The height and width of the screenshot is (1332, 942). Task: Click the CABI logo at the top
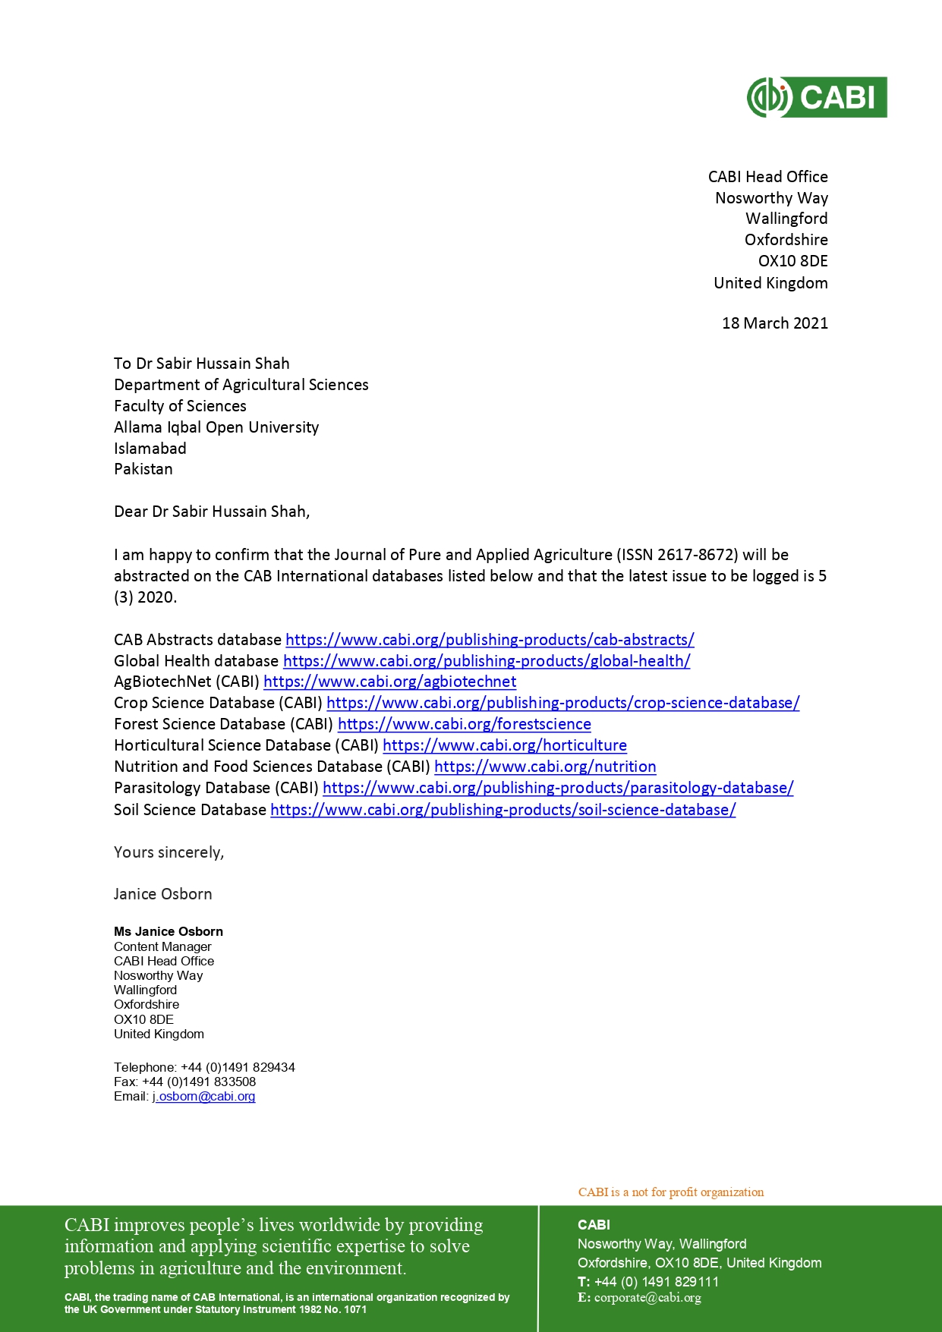[817, 97]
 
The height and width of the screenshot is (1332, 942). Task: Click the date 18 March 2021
[774, 323]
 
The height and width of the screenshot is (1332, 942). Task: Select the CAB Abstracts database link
[490, 640]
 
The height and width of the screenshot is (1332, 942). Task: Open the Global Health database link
[487, 661]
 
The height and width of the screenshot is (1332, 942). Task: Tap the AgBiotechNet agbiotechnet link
[389, 682]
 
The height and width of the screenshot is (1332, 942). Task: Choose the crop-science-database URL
[562, 703]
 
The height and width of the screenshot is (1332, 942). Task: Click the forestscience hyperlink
[464, 724]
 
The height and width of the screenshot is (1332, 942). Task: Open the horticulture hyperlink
[504, 745]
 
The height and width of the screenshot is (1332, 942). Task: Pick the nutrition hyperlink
[545, 767]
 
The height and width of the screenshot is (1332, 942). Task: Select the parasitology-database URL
[558, 788]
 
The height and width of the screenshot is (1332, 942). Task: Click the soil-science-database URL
[503, 810]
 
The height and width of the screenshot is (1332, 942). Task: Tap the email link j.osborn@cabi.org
[204, 1097]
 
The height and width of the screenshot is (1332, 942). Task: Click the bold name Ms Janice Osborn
[169, 931]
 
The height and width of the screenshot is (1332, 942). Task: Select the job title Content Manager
[162, 946]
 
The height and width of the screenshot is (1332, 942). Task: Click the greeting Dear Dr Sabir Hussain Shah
[212, 512]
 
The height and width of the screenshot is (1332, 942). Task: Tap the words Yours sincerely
[169, 852]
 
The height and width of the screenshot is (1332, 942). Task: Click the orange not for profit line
[671, 1192]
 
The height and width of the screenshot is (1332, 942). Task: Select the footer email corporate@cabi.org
[647, 1297]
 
